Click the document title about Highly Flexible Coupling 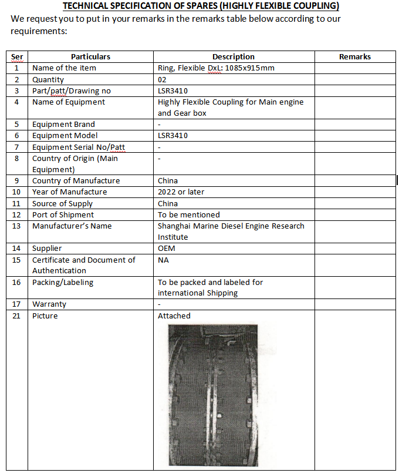200,6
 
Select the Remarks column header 354,57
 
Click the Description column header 233,57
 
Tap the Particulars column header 90,57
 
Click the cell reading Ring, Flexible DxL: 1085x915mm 216,68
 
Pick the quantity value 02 163,79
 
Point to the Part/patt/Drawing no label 72,90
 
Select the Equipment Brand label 63,125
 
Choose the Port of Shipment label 63,215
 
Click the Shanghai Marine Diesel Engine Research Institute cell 231,232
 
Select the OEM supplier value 167,249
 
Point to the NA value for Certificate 164,260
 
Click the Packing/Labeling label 63,282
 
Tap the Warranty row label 49,304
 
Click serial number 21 16,316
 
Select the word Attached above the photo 174,316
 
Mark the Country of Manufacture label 76,181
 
